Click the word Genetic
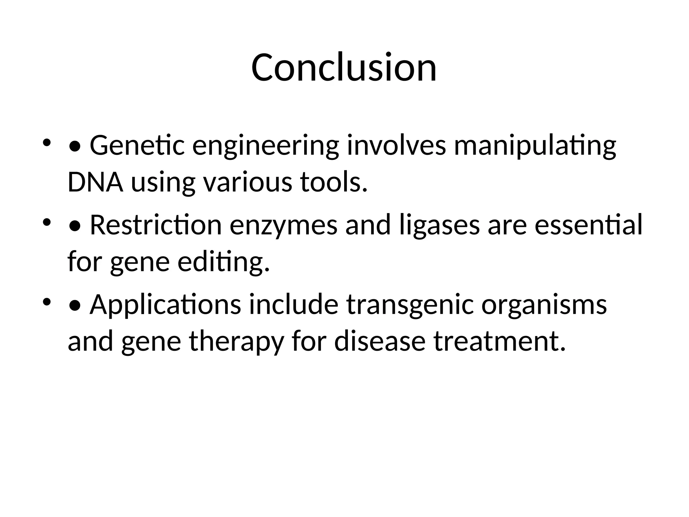coord(137,145)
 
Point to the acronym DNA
coord(95,182)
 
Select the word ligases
coord(440,226)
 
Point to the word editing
coord(224,263)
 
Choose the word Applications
coord(165,305)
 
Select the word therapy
coord(237,342)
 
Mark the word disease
coord(380,341)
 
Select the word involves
coord(396,145)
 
